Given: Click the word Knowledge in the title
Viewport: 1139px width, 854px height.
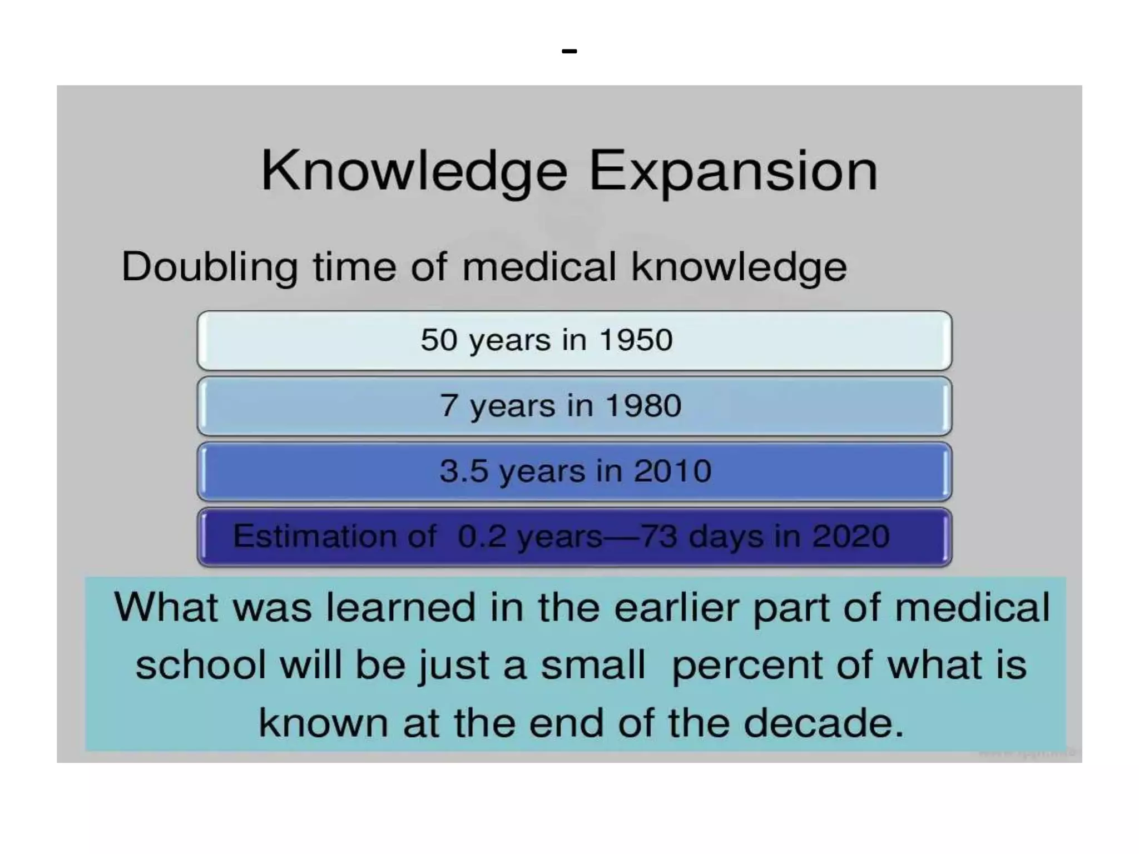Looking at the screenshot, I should pos(414,171).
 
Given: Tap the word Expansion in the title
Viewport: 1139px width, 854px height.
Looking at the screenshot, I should pos(733,171).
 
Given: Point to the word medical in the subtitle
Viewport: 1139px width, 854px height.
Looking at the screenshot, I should pos(539,267).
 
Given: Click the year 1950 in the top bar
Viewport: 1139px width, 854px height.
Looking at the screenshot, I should pos(636,340).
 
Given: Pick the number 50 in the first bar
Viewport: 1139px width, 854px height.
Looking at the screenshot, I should pos(439,340).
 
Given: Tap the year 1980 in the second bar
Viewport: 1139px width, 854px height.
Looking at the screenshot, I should pos(643,405).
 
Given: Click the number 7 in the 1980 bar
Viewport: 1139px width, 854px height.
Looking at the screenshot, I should pos(449,405).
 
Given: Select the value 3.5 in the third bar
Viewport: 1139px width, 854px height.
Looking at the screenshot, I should pos(463,471).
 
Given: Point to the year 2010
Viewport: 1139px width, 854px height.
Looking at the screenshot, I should pos(673,471).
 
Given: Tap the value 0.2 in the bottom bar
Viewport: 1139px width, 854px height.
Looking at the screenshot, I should pos(482,536).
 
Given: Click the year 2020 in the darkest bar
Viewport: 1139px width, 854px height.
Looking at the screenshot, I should pos(851,536).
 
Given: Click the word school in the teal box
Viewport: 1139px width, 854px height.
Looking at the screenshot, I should pos(201,666).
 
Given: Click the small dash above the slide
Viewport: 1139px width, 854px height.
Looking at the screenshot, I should pos(569,51).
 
